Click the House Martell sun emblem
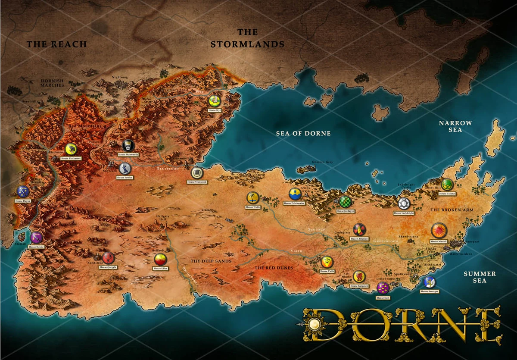(x=439, y=230)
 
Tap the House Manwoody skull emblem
(x=128, y=146)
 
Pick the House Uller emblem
(x=160, y=260)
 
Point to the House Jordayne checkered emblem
(x=345, y=201)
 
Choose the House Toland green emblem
(x=447, y=185)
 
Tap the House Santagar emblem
(x=429, y=282)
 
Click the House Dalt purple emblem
(x=383, y=288)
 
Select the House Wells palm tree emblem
(x=252, y=198)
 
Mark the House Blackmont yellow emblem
(x=71, y=149)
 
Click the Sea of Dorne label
(x=303, y=134)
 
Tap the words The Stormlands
(x=247, y=38)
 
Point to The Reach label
(x=56, y=44)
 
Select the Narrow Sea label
(x=455, y=126)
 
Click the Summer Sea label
(x=480, y=277)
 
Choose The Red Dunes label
(x=274, y=268)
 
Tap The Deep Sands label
(x=211, y=261)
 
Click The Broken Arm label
(x=452, y=210)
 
